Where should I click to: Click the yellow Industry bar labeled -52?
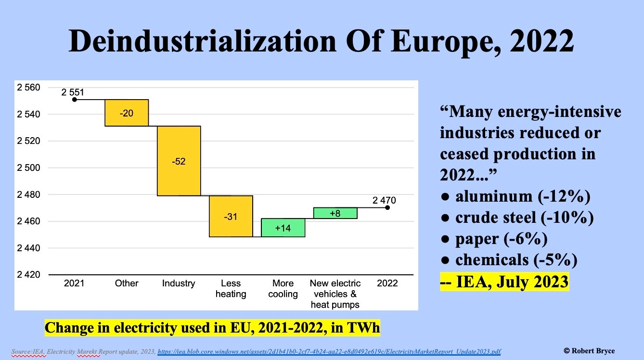click(x=179, y=161)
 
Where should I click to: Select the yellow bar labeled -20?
click(x=127, y=113)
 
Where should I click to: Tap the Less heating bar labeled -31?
click(x=231, y=216)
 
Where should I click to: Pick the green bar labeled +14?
click(x=283, y=228)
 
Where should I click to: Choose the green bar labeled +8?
click(x=335, y=213)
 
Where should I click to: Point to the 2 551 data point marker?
click(x=75, y=100)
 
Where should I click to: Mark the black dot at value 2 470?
click(x=387, y=207)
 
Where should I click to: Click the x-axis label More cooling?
click(x=283, y=289)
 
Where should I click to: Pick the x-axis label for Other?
click(x=127, y=283)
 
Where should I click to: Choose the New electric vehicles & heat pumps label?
click(x=335, y=294)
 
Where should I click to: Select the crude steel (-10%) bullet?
click(x=517, y=218)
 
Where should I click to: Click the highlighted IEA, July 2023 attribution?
click(x=504, y=281)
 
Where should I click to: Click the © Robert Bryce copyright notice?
click(x=589, y=351)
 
